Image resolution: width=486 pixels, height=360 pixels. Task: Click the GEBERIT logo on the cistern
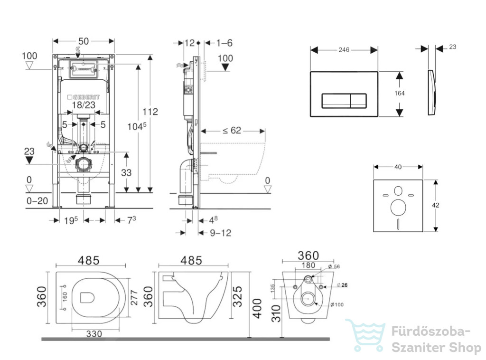pyautogui.click(x=84, y=97)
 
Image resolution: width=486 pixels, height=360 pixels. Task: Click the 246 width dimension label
pyautogui.click(x=344, y=49)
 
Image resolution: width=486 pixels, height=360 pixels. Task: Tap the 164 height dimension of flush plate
pyautogui.click(x=399, y=93)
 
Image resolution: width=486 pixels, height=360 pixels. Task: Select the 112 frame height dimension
pyautogui.click(x=150, y=112)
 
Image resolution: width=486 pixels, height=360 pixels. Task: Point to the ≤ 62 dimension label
pyautogui.click(x=232, y=130)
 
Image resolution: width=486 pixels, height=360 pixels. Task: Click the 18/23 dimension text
pyautogui.click(x=84, y=105)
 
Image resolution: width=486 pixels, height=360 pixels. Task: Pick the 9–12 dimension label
pyautogui.click(x=220, y=233)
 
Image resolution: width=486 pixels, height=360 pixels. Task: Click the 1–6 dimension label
pyautogui.click(x=224, y=43)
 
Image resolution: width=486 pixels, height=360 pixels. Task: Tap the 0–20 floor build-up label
pyautogui.click(x=37, y=201)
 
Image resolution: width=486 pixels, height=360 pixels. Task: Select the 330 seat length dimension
pyautogui.click(x=94, y=334)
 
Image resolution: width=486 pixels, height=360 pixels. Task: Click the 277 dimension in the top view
pyautogui.click(x=133, y=298)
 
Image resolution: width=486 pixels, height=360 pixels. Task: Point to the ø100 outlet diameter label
pyautogui.click(x=337, y=304)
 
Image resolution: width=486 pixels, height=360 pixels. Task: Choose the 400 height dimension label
pyautogui.click(x=257, y=309)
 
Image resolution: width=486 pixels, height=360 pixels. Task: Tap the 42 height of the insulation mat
pyautogui.click(x=435, y=205)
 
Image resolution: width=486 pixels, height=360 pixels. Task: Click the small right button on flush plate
pyautogui.click(x=358, y=101)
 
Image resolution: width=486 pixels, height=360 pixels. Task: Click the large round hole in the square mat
pyautogui.click(x=398, y=207)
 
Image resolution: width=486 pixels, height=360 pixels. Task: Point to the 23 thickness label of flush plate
pyautogui.click(x=452, y=47)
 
